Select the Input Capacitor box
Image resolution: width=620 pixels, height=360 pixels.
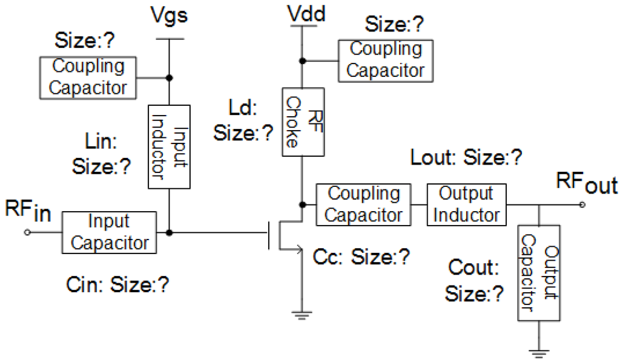pyautogui.click(x=110, y=232)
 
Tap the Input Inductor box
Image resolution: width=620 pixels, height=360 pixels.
pyautogui.click(x=170, y=146)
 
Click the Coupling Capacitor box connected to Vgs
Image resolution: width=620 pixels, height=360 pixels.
pyautogui.click(x=88, y=77)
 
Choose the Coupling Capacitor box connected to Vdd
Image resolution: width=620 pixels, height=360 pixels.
pyautogui.click(x=386, y=59)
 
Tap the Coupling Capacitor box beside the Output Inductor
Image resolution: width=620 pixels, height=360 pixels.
pyautogui.click(x=364, y=205)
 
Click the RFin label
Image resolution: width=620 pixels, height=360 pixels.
pyautogui.click(x=26, y=212)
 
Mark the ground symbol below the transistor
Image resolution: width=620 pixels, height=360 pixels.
pyautogui.click(x=301, y=314)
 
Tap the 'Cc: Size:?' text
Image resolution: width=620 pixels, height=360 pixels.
pyautogui.click(x=361, y=257)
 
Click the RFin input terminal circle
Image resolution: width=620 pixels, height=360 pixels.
pyautogui.click(x=26, y=232)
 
